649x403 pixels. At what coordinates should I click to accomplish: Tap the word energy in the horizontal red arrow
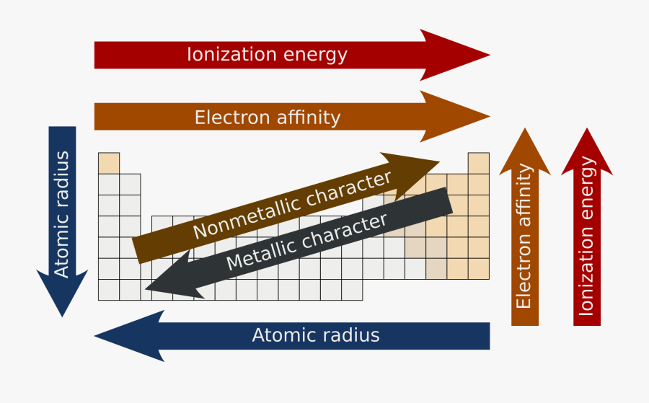315,55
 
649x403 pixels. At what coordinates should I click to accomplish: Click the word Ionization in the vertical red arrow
587,277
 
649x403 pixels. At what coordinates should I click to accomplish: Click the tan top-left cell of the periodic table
109,163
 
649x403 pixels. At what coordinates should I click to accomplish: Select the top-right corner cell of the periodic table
479,163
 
